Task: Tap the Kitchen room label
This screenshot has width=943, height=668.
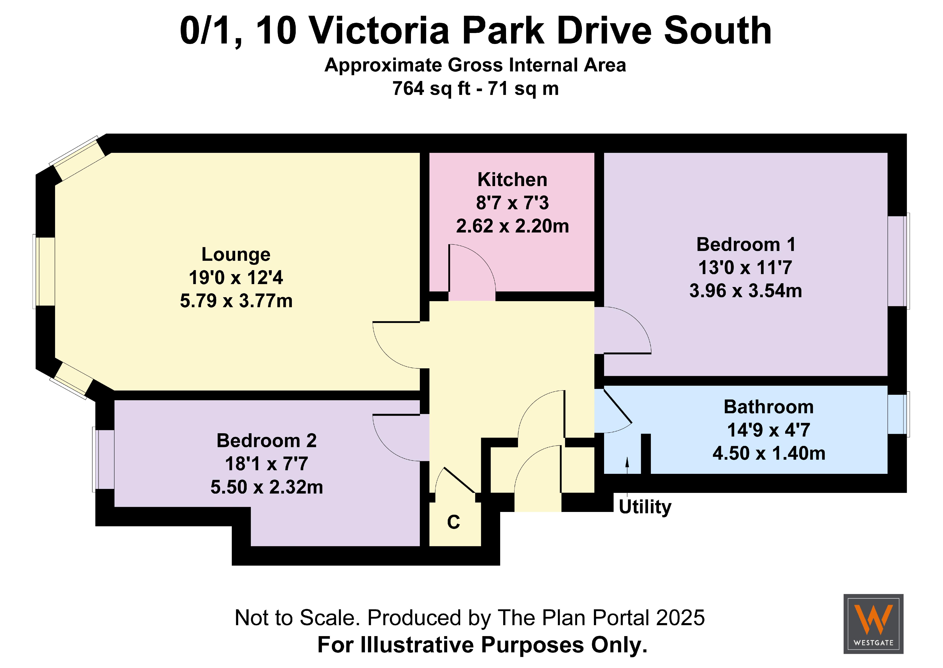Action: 512,180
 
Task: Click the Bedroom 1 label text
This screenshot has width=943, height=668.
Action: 746,245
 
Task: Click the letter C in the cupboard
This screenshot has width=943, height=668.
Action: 453,522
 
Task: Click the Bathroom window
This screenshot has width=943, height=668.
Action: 899,414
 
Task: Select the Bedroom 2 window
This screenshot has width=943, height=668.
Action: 104,459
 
